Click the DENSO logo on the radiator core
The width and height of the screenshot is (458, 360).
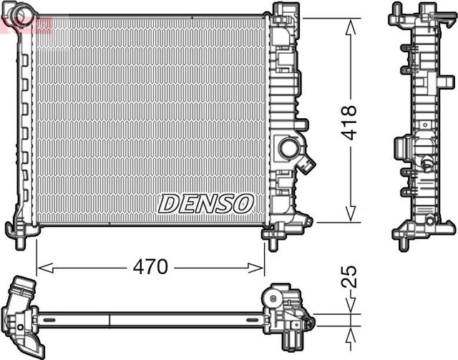(x=206, y=203)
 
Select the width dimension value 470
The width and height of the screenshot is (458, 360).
(x=150, y=267)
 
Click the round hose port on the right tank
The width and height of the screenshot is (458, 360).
(x=290, y=150)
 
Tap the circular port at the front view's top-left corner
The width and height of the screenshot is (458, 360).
(x=24, y=15)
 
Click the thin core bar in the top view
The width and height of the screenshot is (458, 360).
(x=150, y=316)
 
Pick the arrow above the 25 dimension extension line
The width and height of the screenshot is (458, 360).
(x=350, y=306)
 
